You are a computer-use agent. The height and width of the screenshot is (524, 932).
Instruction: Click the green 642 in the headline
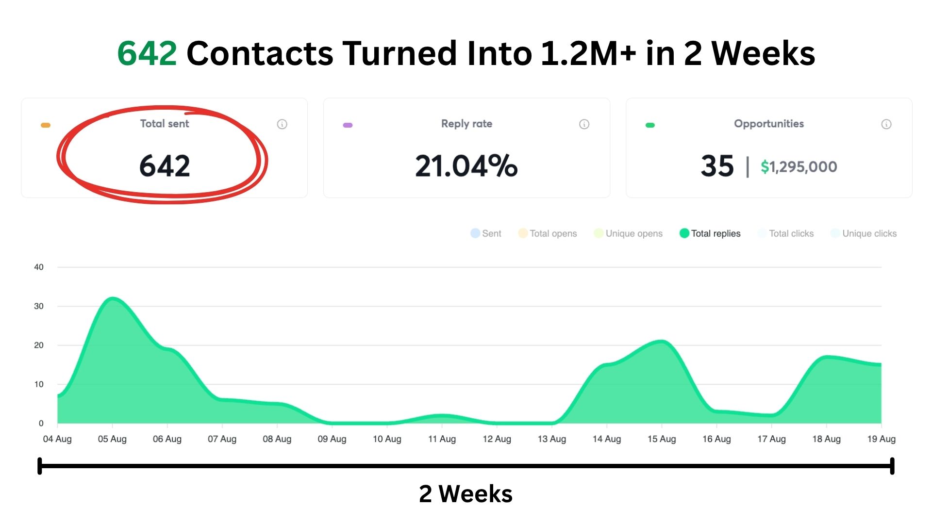[x=147, y=53]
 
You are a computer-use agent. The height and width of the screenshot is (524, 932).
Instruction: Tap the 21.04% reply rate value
[x=466, y=166]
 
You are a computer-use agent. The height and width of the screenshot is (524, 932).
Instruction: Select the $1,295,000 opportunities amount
[x=799, y=167]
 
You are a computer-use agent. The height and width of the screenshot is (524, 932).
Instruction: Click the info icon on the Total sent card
[x=282, y=124]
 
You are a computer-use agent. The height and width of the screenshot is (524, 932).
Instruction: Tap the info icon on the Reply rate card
[x=584, y=124]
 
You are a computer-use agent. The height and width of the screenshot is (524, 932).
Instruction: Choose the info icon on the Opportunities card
[x=886, y=124]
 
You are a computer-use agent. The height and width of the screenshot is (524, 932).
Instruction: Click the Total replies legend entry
[x=710, y=233]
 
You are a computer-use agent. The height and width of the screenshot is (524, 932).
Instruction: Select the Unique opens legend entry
[x=628, y=233]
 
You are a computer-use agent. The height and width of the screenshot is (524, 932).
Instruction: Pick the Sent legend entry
[x=486, y=233]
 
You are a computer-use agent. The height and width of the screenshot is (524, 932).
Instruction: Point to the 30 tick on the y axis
[x=39, y=306]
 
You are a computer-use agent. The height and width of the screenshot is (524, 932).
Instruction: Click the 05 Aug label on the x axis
[x=112, y=439]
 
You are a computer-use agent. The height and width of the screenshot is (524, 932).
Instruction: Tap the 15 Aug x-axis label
[x=662, y=439]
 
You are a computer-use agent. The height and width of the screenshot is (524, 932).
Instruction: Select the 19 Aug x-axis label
[x=881, y=439]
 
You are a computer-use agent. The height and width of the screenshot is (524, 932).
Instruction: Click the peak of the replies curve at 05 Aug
[x=113, y=298]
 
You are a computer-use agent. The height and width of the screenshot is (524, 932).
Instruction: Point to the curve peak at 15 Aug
[x=662, y=342]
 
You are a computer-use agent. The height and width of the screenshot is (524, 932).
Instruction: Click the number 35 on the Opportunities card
[x=717, y=166]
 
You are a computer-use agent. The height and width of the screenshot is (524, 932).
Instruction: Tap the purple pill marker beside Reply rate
[x=348, y=125]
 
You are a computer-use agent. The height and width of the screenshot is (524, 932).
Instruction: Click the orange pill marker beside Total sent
[x=46, y=125]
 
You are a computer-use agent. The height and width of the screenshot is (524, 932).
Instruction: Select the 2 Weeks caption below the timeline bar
[x=466, y=494]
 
